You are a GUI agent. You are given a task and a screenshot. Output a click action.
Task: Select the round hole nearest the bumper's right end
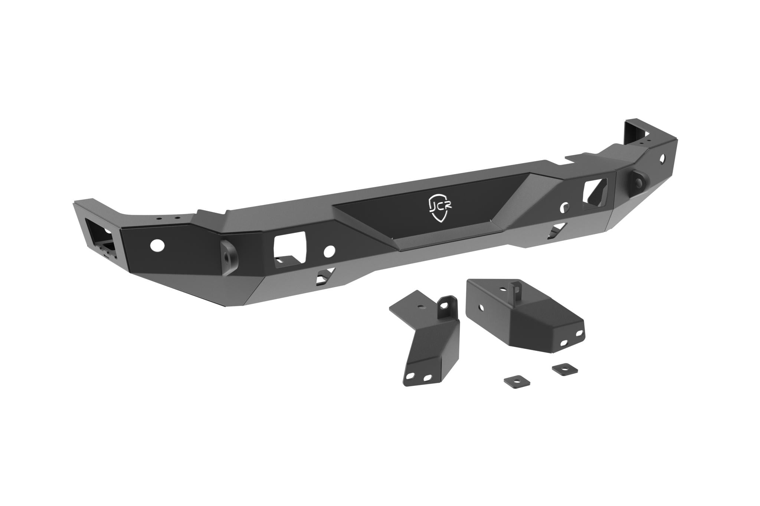[662, 161]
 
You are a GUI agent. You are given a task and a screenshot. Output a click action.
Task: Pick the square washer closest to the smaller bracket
[517, 382]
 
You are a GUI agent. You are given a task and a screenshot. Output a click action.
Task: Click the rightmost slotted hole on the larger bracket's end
[578, 333]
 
